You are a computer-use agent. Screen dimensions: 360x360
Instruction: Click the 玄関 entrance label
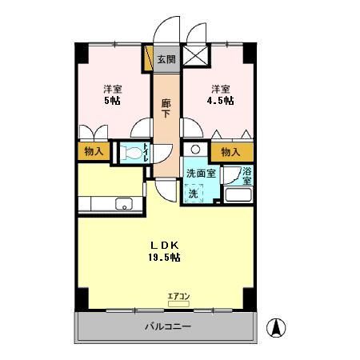click(166, 59)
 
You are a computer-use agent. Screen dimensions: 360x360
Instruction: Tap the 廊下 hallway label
click(166, 108)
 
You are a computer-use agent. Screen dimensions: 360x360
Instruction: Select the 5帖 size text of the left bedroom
click(111, 102)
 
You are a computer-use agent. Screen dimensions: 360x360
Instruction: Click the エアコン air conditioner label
click(178, 297)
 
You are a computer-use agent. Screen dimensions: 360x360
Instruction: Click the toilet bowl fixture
click(129, 153)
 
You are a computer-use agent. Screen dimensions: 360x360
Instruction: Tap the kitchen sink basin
click(124, 204)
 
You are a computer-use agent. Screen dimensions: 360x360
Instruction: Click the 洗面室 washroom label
click(201, 174)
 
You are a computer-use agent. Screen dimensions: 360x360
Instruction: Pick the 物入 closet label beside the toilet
click(94, 151)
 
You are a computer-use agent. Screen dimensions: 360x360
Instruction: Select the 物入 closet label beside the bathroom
click(230, 151)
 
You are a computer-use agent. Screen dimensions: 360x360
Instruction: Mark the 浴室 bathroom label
click(247, 175)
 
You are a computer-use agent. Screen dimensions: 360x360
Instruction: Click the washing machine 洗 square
click(194, 193)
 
